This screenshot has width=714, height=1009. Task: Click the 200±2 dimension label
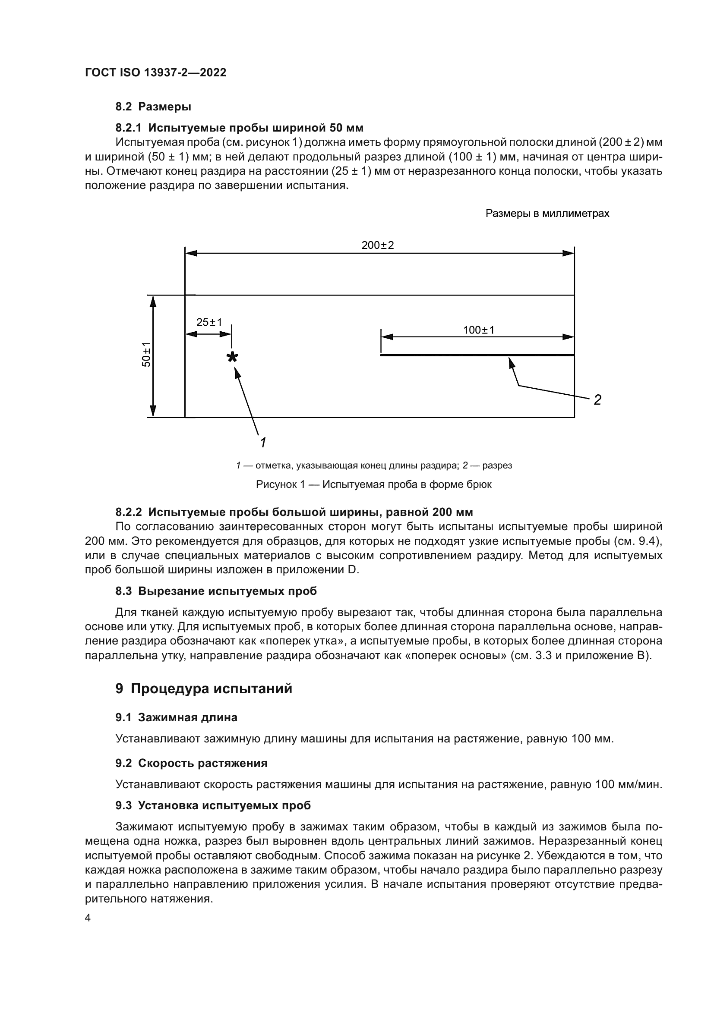(377, 245)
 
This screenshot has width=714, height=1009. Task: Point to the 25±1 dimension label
(209, 322)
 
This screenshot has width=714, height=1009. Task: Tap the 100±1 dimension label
(478, 330)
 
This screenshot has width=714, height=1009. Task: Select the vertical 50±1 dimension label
(146, 354)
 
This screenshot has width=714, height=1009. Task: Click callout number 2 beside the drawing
(597, 400)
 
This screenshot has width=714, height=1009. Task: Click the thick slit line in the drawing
(477, 355)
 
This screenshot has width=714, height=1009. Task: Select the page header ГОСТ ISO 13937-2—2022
(155, 72)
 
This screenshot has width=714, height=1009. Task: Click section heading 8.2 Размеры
(153, 107)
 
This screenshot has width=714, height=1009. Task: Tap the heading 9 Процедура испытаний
(204, 688)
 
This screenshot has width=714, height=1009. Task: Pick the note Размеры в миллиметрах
(547, 214)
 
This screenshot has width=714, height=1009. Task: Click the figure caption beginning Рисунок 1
(374, 484)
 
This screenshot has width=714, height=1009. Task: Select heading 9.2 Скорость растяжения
(191, 763)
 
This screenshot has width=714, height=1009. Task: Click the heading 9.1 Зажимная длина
(176, 717)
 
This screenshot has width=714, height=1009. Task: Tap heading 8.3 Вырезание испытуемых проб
(216, 591)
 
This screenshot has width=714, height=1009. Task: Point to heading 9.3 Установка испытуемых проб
(213, 805)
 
